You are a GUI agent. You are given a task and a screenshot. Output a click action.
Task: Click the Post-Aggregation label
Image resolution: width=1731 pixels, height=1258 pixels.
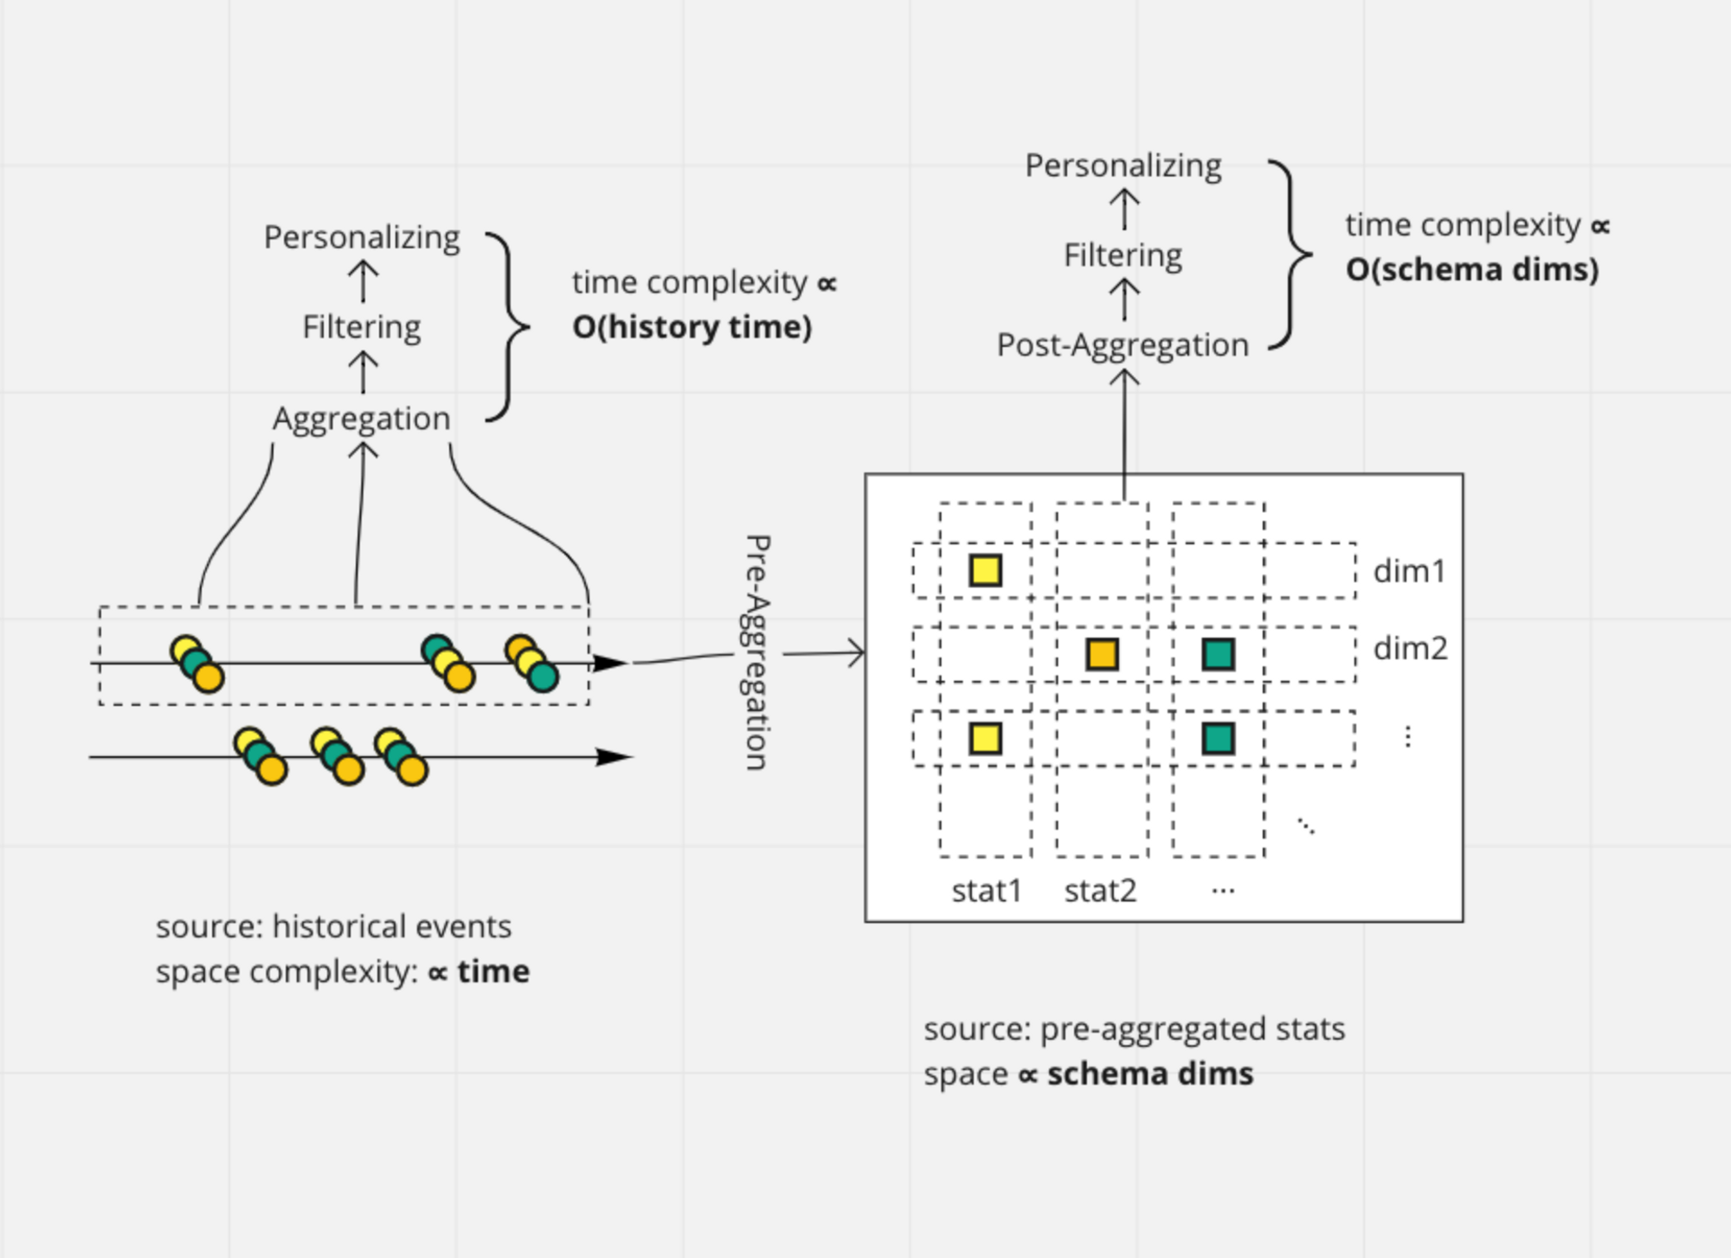1123,345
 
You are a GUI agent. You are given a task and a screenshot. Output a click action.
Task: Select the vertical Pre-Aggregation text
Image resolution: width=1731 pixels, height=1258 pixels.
756,652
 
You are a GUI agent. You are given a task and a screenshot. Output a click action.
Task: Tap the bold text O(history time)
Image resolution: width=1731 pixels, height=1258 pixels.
692,327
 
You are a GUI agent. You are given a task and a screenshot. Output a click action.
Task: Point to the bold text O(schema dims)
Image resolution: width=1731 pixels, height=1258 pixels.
1471,269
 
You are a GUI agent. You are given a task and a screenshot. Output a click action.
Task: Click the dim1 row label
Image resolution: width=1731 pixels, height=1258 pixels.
1409,571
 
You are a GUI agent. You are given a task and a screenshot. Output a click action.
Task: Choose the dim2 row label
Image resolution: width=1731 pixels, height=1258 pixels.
1410,648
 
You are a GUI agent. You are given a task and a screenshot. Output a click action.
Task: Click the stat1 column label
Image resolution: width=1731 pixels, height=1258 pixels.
987,890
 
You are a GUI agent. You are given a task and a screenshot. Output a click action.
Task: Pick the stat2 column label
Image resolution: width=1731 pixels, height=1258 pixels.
1100,890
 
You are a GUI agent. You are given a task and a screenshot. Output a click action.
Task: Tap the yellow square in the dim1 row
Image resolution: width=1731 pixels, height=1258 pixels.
985,571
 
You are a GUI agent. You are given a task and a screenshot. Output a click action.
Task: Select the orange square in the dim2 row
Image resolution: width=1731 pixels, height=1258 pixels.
1102,654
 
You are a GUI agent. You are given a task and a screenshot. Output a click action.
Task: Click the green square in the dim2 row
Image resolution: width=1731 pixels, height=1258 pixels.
1218,654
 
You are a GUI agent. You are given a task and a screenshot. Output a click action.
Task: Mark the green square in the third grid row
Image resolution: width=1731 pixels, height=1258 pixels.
1218,739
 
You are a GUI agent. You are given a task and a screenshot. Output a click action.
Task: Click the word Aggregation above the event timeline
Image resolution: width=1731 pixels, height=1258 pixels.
362,419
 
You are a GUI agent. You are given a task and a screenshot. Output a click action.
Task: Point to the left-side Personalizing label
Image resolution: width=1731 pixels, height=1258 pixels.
362,237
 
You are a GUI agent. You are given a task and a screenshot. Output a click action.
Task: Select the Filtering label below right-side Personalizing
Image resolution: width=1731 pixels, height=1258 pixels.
1123,255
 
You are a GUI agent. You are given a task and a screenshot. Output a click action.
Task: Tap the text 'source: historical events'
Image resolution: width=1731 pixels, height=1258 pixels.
333,927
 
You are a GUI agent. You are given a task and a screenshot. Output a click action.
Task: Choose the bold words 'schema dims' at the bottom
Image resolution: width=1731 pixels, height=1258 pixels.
1149,1074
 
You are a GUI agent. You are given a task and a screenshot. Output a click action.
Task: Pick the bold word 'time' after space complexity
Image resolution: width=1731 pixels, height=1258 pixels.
493,972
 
